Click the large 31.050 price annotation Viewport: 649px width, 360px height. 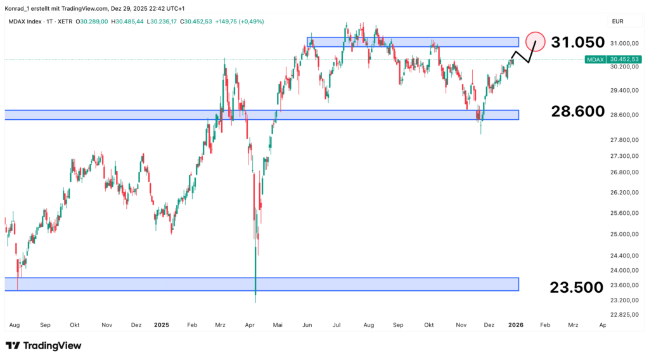coord(577,42)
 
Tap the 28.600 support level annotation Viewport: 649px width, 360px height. coord(577,112)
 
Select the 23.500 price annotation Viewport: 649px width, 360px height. coord(577,288)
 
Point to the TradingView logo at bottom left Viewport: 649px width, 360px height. coord(43,345)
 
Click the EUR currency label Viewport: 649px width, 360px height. coord(617,22)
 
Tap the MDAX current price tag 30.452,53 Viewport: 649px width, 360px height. coord(624,59)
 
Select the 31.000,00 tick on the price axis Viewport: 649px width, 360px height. coord(624,44)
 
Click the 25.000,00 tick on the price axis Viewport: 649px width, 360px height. coord(624,235)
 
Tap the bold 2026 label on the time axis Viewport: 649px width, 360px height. coord(515,325)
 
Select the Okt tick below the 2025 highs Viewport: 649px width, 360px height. coord(429,325)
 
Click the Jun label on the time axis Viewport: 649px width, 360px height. coord(307,325)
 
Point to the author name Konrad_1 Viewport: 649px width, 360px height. coord(19,7)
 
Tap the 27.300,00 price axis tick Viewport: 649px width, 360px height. coord(624,156)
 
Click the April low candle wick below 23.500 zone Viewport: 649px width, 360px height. coord(255,297)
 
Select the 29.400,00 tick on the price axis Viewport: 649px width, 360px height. coord(624,91)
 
